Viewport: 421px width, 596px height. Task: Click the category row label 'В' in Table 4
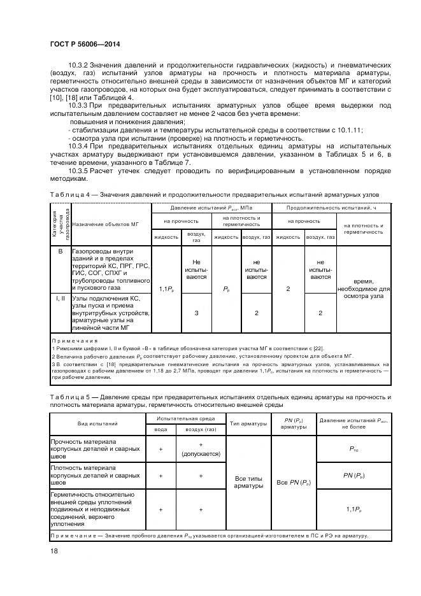pyautogui.click(x=61, y=252)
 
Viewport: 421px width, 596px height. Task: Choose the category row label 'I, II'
pyautogui.click(x=61, y=298)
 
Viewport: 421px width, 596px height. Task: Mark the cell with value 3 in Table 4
pyautogui.click(x=196, y=313)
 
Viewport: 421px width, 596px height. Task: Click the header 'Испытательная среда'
pyautogui.click(x=180, y=418)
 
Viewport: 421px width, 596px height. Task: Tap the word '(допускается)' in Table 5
pyautogui.click(x=201, y=454)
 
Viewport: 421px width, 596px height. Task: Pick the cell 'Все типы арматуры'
pyautogui.click(x=248, y=481)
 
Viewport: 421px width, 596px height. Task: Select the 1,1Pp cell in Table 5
pyautogui.click(x=354, y=509)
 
